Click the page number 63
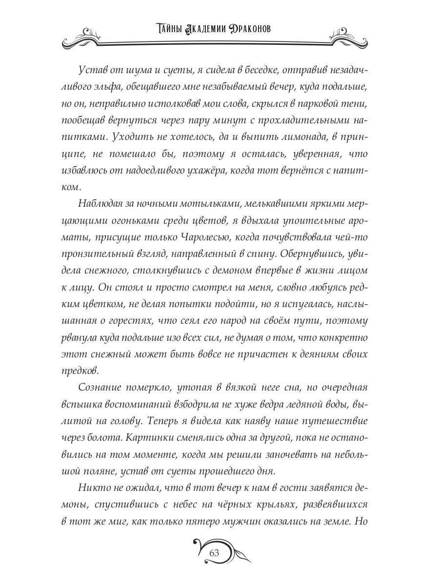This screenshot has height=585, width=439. [x=214, y=553]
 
